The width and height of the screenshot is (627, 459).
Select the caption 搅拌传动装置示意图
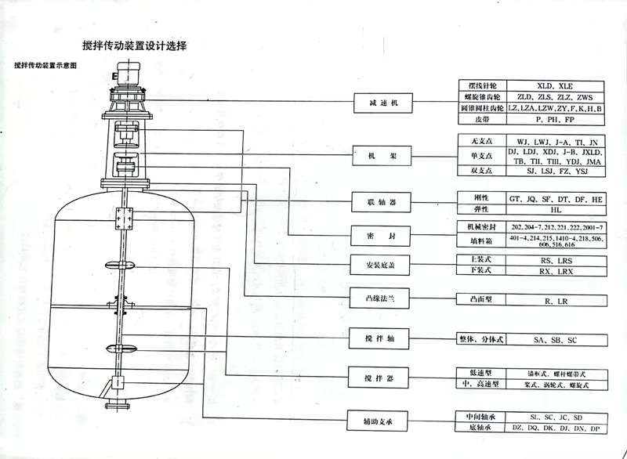45,66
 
